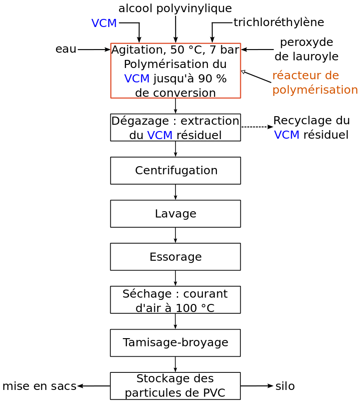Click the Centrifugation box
point(175,171)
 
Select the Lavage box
point(175,213)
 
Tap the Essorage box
point(175,257)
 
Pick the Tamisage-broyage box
point(175,343)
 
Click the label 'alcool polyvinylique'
point(175,9)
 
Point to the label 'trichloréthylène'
point(279,23)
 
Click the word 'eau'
point(66,49)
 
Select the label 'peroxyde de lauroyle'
point(306,50)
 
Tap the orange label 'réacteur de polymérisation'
point(315,82)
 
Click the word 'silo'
point(285,386)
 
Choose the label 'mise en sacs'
point(39,386)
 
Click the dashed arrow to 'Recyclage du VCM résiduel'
point(257,127)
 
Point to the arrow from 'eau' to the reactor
point(94,50)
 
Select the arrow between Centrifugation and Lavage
point(175,192)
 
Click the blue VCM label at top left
point(104,23)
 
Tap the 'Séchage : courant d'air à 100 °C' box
point(175,300)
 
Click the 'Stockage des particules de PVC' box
point(175,386)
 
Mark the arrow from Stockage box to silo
point(257,386)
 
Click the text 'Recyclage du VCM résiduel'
point(311,127)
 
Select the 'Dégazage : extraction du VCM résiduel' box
point(175,127)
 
